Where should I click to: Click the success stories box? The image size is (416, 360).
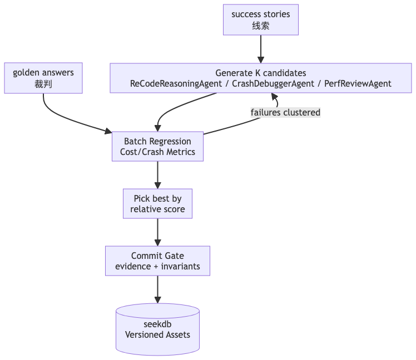(x=260, y=20)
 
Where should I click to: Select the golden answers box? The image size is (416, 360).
(x=43, y=78)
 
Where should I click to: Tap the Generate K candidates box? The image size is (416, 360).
(x=260, y=78)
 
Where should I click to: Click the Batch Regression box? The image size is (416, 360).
(x=157, y=147)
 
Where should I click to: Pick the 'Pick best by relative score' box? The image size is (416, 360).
(x=157, y=204)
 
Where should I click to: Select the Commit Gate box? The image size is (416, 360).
(x=157, y=261)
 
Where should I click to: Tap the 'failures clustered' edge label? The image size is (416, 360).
(x=285, y=113)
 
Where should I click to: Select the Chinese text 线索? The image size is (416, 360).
(x=260, y=26)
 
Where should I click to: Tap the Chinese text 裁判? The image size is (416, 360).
(x=43, y=84)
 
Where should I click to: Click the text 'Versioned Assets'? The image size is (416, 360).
(x=157, y=334)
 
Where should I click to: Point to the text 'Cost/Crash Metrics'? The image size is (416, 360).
(x=157, y=152)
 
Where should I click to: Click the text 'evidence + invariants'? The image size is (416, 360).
(x=157, y=267)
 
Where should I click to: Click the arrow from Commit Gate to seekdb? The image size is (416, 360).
(x=157, y=289)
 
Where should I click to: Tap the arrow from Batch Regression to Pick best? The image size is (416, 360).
(x=157, y=175)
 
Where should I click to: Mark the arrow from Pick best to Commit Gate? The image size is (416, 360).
(x=157, y=232)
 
